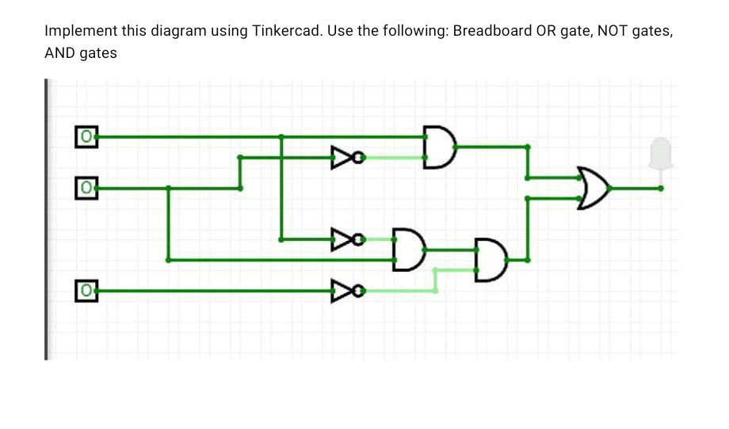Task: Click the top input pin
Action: (x=86, y=136)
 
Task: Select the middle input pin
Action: (x=86, y=189)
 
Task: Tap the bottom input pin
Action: (x=86, y=291)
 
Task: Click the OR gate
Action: (x=594, y=188)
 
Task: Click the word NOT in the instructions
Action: (x=613, y=32)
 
